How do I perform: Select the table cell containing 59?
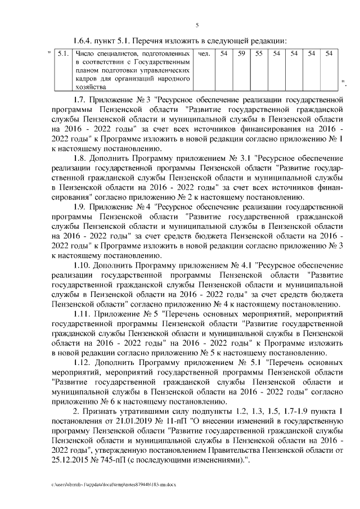coord(241,54)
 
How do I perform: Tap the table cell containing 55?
coord(259,54)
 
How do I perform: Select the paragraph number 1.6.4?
coord(86,40)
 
